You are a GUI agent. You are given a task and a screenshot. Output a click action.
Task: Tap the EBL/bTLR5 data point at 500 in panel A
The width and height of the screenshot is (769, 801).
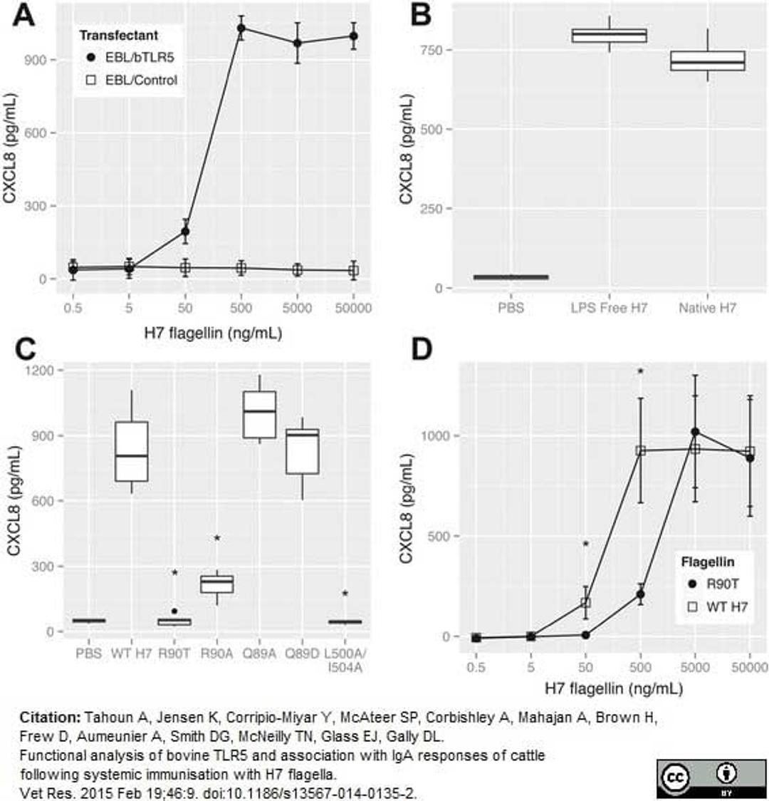(x=241, y=29)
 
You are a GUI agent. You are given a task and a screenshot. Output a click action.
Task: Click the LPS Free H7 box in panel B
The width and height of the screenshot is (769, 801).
(x=610, y=36)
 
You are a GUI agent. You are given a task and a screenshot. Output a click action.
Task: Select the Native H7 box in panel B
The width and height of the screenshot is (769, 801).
(x=708, y=61)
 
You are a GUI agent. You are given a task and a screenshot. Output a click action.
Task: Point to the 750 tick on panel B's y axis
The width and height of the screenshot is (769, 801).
(x=440, y=50)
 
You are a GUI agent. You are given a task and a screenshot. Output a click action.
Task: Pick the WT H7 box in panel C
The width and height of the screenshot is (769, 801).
(x=132, y=451)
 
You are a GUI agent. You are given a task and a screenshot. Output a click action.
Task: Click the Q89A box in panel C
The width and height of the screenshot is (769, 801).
(x=259, y=414)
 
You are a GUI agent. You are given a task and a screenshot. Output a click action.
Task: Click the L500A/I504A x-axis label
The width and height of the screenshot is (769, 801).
(x=345, y=658)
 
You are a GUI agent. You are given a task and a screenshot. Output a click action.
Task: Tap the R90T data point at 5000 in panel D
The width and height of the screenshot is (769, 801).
(x=695, y=432)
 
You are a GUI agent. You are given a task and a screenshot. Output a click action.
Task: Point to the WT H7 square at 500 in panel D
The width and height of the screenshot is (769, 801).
(x=641, y=450)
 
